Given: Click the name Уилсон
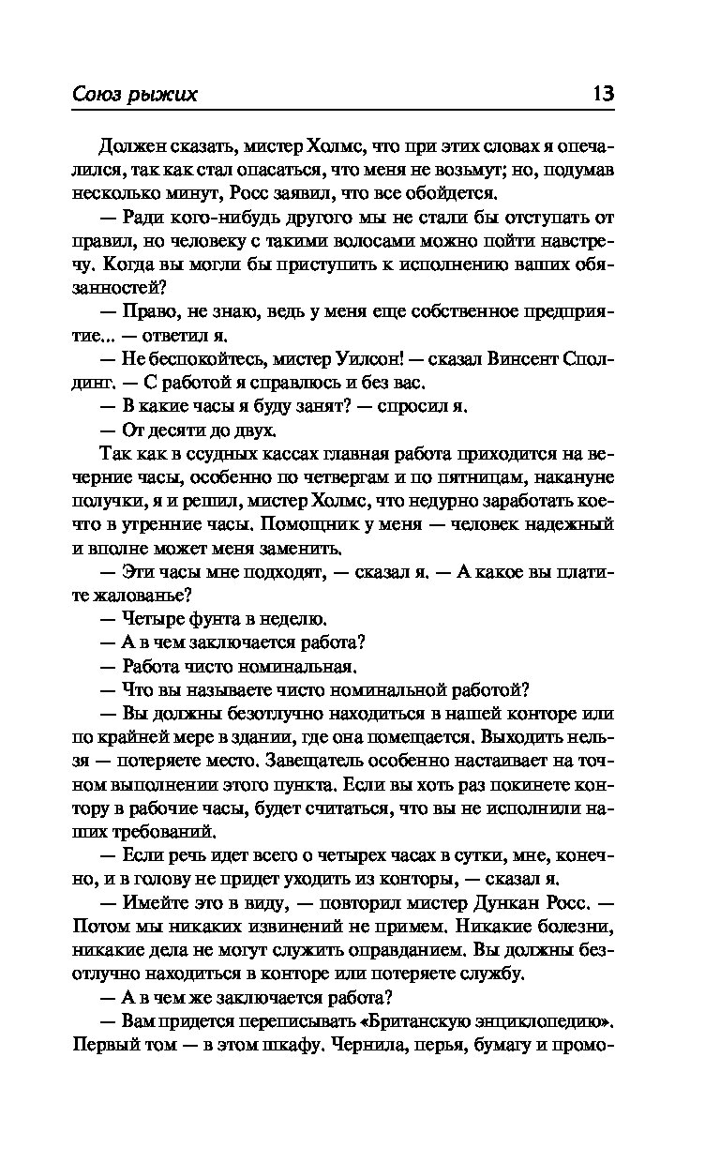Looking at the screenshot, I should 372,359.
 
